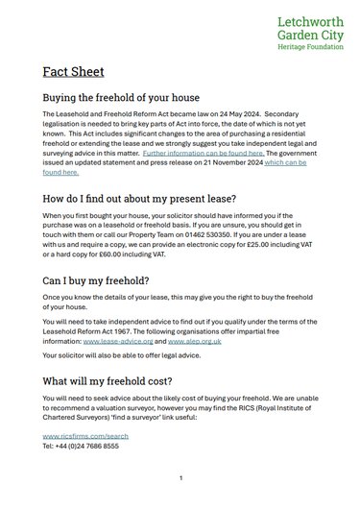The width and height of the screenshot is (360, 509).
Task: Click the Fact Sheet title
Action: click(x=73, y=72)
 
